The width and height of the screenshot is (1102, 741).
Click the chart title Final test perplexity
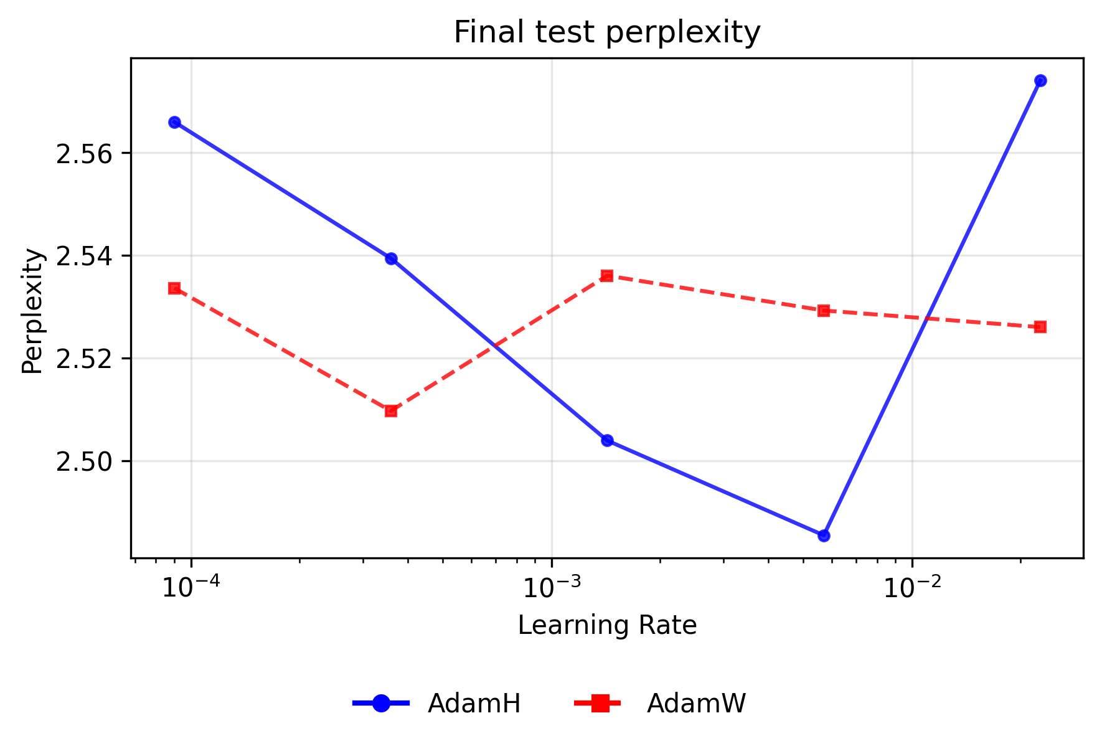606,32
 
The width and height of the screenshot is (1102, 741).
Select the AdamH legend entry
474,704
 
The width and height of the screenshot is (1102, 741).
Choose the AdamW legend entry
696,704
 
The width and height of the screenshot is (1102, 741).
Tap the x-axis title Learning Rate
606,625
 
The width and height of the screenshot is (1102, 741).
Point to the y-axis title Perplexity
32,311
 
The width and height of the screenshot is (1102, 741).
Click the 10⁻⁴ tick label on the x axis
191,587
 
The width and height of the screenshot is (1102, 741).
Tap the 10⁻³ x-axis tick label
551,587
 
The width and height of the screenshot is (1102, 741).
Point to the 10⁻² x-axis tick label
911,587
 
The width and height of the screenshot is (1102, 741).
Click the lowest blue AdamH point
824,536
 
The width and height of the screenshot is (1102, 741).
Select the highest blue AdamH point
1040,80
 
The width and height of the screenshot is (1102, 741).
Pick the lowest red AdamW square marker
391,411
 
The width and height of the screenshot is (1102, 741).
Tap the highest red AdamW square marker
607,275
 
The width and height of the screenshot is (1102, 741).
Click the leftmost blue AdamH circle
174,122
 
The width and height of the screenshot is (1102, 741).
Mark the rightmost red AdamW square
1040,327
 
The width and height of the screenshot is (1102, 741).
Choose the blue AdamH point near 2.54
391,258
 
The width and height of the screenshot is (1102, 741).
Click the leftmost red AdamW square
174,288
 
